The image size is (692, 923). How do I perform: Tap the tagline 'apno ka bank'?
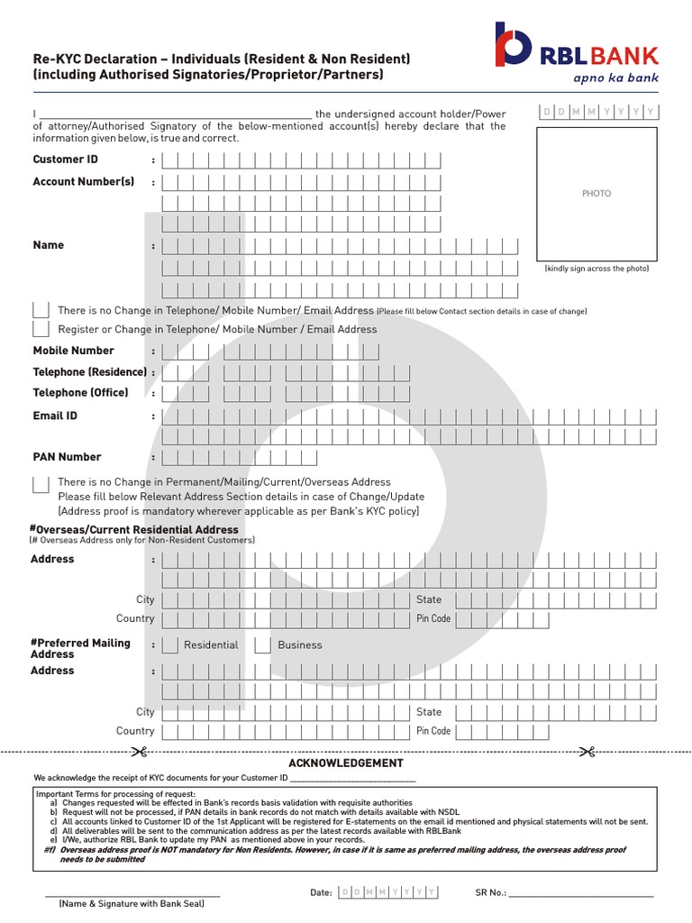tap(615, 78)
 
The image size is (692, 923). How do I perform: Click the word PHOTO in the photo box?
tap(596, 194)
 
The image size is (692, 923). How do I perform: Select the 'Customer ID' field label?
tap(66, 160)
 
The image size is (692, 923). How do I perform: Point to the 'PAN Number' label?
tap(68, 457)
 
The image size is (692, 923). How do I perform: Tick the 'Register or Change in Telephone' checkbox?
tap(41, 330)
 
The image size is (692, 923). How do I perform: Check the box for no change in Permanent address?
tap(41, 484)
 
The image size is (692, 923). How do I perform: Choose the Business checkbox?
tap(262, 645)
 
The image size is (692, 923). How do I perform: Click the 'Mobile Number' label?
tap(74, 351)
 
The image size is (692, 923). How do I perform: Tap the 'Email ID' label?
tap(55, 416)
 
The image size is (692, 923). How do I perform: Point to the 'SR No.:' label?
tap(490, 892)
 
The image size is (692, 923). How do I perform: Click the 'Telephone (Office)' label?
tap(81, 393)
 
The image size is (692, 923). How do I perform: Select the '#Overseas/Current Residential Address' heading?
tap(135, 530)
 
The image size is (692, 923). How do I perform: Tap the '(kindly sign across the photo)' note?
tap(596, 269)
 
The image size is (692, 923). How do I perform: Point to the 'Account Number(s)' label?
tap(84, 181)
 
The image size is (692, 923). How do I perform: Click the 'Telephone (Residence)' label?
tap(90, 372)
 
